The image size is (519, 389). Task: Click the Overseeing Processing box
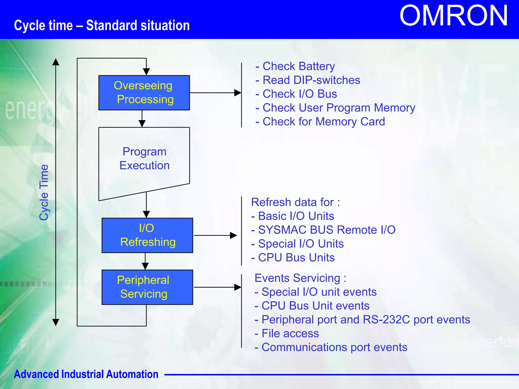coord(144,93)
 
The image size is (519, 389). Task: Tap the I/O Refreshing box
coord(147,235)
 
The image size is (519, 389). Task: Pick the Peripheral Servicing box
coord(147,287)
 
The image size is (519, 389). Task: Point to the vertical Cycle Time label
coord(44,192)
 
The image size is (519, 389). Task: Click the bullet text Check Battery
coord(295,66)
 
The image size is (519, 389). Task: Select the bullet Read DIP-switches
coord(308,80)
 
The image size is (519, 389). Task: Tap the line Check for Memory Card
coord(320,122)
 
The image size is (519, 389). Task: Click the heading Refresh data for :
coord(295,202)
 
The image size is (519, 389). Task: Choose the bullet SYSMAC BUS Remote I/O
coord(323,230)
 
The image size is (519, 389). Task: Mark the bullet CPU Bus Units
coord(293,258)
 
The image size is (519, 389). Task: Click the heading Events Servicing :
coord(300,278)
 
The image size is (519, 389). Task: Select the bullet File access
coord(287,334)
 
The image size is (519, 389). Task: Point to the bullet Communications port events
coord(331,347)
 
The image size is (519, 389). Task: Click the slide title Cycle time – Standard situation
coord(102,26)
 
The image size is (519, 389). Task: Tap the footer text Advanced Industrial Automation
coord(86,374)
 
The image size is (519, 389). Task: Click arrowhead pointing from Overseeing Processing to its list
coord(238,93)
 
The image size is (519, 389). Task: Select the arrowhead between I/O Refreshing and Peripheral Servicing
coord(145,266)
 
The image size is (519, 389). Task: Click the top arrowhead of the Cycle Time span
coord(56,62)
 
